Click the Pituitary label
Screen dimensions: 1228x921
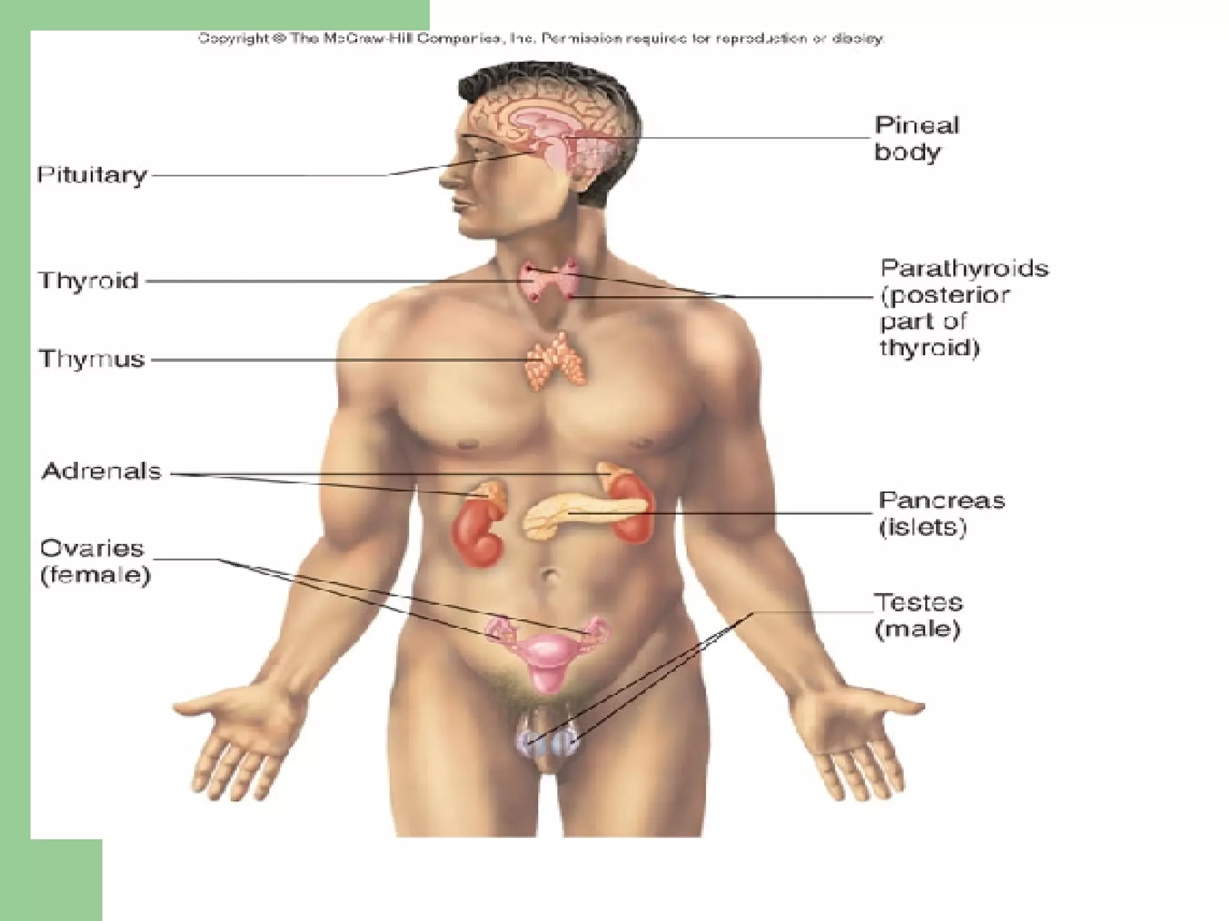pos(92,175)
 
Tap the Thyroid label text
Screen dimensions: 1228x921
pos(89,281)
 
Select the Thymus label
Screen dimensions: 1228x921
pos(92,359)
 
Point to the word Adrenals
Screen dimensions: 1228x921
pos(101,471)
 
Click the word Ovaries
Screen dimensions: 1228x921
pos(92,549)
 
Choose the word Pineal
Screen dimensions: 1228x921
pos(917,125)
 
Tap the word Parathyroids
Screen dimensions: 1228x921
pos(964,268)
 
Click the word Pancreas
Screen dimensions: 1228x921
pos(941,501)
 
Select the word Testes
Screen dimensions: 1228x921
pos(918,602)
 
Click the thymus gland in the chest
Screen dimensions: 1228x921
pos(555,362)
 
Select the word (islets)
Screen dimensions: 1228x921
pos(922,528)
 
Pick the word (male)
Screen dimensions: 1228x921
pos(917,629)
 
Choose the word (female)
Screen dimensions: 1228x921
pos(95,576)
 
